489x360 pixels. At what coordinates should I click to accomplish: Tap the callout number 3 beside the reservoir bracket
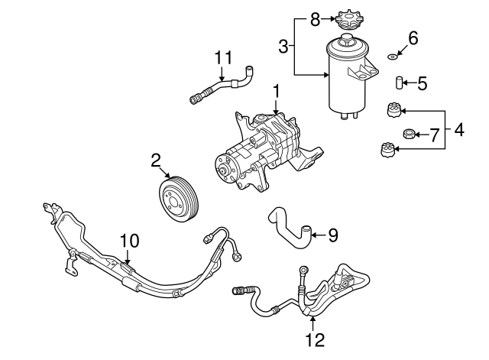(x=283, y=47)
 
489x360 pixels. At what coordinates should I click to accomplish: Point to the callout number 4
(x=458, y=130)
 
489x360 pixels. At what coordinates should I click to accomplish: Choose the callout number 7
(x=433, y=136)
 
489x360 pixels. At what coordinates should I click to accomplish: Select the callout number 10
(x=129, y=241)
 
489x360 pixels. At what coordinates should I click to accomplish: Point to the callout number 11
(x=222, y=58)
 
